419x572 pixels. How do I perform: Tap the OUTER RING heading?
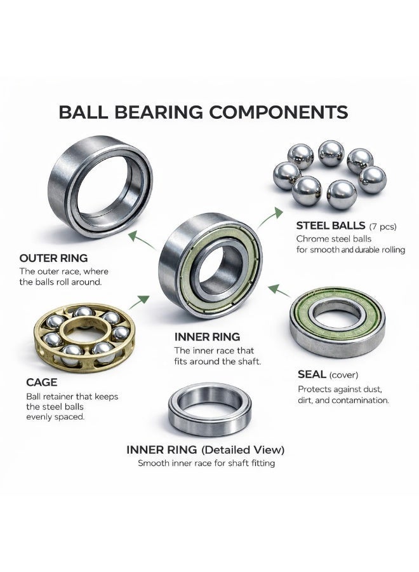(53, 258)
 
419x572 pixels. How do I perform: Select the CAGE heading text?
(41, 383)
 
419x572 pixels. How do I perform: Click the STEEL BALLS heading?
(331, 226)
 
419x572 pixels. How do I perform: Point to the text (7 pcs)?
(383, 226)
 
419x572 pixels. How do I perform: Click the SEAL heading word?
(312, 374)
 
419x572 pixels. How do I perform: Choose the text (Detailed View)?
(243, 450)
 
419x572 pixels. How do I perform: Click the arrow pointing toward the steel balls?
(270, 217)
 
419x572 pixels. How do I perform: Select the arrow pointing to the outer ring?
(142, 240)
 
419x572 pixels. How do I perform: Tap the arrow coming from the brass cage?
(139, 302)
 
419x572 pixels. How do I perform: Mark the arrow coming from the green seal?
(279, 290)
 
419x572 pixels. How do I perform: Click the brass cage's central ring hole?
(86, 334)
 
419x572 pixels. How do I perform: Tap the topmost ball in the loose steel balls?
(331, 153)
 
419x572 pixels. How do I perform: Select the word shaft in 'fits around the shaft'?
(249, 362)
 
